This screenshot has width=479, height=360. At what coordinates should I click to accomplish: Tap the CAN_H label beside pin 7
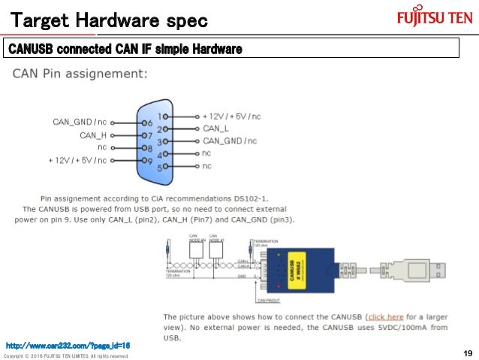93,135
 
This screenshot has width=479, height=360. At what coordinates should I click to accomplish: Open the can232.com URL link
68,345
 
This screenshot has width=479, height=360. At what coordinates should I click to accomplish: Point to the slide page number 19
467,353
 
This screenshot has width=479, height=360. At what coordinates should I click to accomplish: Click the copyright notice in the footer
66,355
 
